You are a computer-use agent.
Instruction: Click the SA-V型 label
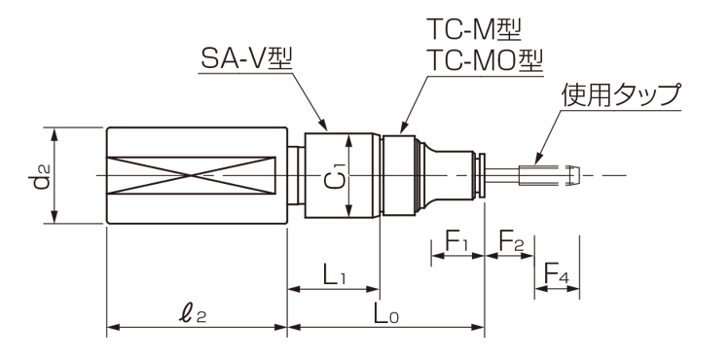pos(245,60)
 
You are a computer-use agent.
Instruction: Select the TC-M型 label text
pos(474,30)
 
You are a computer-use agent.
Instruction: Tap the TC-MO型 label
pos(485,60)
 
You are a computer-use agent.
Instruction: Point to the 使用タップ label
pos(621,95)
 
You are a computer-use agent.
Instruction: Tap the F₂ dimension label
pos(511,240)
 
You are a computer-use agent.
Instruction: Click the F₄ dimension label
pos(556,275)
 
